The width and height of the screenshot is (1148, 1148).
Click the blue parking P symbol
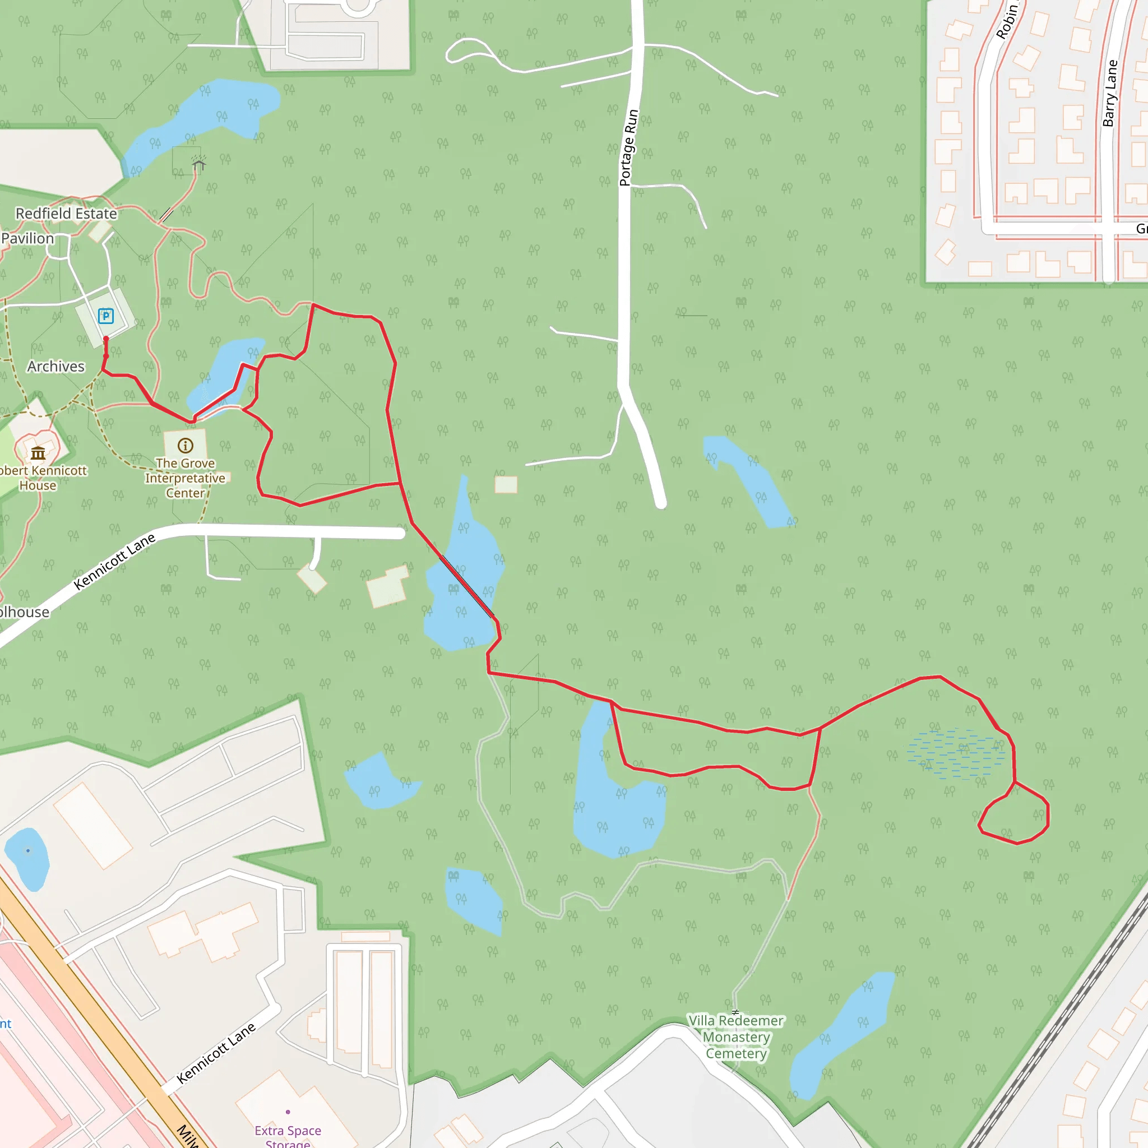106,316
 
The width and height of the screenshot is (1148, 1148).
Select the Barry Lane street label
1109,93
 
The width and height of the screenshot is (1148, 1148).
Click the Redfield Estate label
66,214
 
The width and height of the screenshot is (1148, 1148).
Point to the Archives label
56,367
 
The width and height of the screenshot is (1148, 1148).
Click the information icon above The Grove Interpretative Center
186,446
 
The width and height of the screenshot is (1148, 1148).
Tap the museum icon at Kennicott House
38,453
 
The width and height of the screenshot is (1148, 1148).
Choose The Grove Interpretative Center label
186,478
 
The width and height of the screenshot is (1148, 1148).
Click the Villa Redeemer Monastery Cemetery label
736,1037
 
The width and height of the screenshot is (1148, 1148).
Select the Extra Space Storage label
288,1136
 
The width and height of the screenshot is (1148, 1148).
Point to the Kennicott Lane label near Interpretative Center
114,562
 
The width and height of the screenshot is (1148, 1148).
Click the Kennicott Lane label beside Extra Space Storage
216,1053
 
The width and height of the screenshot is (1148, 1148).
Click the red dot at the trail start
106,339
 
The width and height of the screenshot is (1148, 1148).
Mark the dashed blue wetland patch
956,754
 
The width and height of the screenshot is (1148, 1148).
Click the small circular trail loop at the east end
1013,813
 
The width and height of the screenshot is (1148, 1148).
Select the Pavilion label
27,238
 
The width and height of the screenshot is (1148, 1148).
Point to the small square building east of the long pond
506,484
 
